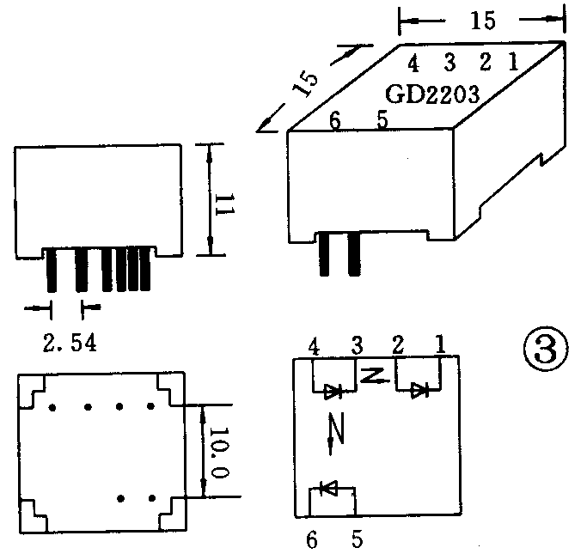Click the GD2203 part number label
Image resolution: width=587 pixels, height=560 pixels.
coord(432,94)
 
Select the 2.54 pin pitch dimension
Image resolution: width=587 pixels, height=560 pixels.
coord(70,343)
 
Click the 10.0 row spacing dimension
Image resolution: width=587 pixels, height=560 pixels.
coord(219,453)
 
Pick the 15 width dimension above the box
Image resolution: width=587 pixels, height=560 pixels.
coord(483,21)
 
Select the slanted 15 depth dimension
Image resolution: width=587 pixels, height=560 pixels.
coord(305,84)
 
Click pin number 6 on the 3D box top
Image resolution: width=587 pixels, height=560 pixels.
coord(334,120)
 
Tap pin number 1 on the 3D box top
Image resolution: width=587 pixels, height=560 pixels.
coord(513,61)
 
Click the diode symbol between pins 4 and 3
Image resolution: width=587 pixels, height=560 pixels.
coord(333,392)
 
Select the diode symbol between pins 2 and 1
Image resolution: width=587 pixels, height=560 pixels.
coord(419,391)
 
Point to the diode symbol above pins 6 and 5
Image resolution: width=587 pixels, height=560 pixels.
coord(329,488)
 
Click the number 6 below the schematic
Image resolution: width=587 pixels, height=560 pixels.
coord(312,540)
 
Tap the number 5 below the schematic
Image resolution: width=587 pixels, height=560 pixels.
coord(358,539)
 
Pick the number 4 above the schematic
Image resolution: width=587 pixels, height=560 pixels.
coord(314,347)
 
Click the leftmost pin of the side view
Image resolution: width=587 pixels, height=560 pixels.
coord(52,270)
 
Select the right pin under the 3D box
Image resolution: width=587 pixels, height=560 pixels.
coord(354,254)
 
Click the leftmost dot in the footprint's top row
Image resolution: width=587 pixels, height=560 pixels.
coord(52,407)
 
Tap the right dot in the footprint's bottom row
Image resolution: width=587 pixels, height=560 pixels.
coord(152,498)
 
